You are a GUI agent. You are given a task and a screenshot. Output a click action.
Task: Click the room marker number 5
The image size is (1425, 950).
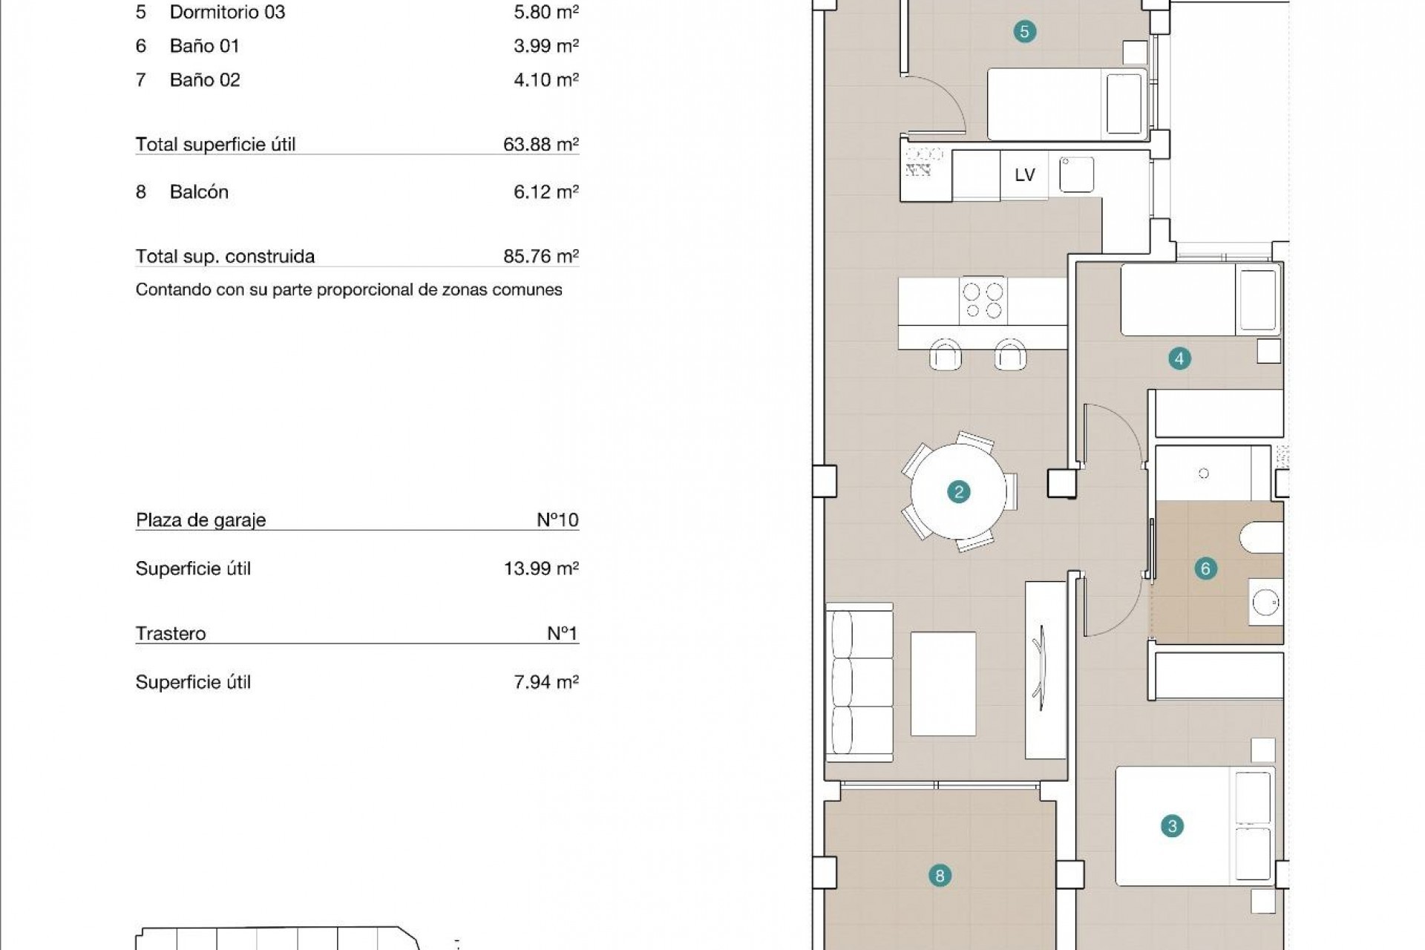tap(1024, 31)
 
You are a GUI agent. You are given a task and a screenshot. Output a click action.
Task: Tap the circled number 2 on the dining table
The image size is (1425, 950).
tap(959, 491)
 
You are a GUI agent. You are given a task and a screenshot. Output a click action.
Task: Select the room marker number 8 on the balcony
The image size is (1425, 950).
tap(940, 876)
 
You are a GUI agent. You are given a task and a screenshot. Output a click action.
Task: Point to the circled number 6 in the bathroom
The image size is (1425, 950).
tap(1205, 569)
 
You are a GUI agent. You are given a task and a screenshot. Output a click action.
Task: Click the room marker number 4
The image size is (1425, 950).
tap(1179, 358)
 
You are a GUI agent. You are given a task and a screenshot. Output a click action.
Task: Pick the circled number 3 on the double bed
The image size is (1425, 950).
tap(1172, 826)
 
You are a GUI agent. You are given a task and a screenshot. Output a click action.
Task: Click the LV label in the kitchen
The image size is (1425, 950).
tap(1024, 175)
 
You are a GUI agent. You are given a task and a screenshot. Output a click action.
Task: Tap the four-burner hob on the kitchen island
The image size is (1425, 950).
tap(983, 301)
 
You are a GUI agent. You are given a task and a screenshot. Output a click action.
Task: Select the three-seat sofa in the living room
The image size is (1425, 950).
tap(860, 681)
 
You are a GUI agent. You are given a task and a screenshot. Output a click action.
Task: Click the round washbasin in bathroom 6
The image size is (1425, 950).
tap(1265, 602)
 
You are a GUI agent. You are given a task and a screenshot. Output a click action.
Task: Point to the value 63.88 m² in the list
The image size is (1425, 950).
tap(540, 144)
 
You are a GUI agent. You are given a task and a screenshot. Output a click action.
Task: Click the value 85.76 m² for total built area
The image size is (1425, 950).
tap(540, 256)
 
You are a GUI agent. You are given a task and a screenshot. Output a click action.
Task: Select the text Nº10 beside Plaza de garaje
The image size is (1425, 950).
tap(557, 520)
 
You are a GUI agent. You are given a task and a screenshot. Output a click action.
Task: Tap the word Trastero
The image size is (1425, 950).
tap(171, 633)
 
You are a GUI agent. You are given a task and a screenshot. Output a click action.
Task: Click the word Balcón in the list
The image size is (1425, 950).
tap(199, 191)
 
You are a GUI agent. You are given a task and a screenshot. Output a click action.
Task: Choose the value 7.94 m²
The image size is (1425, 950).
tap(546, 682)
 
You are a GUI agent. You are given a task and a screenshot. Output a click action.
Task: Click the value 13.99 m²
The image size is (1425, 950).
tap(540, 569)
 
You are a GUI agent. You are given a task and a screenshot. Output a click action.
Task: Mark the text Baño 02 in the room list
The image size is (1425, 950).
tap(205, 79)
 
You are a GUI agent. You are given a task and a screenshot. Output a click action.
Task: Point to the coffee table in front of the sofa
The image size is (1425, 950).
tap(943, 683)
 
